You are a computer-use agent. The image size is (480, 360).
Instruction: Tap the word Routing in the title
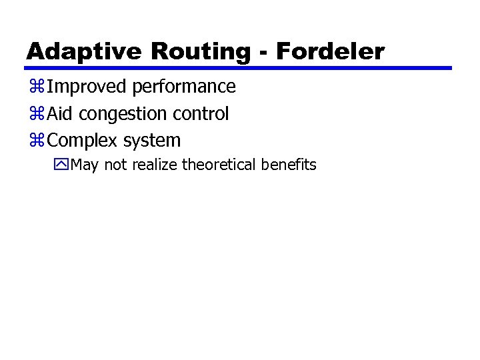[203, 51]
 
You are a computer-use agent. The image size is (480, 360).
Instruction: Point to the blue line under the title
[239, 68]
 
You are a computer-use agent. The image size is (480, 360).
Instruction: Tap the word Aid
[60, 114]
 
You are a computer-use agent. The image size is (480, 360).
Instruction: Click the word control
[201, 114]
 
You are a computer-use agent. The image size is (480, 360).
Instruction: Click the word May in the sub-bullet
[83, 165]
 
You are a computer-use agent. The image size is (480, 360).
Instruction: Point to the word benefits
[289, 165]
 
